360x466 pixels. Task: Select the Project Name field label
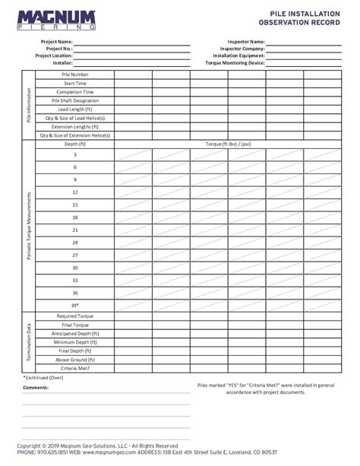pos(57,42)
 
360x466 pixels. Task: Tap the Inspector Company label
pos(242,49)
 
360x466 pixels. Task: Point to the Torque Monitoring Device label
pos(235,63)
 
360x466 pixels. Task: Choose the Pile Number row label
pos(75,74)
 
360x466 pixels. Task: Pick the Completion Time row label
pos(75,92)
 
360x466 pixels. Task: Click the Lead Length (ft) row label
pos(75,109)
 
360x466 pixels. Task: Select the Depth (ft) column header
pos(75,144)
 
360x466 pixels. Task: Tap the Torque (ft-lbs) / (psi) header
pos(228,144)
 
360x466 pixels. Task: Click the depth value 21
pos(75,230)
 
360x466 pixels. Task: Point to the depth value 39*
pos(75,305)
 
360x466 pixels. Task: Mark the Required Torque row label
pos(75,315)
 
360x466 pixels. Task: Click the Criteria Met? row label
pos(75,368)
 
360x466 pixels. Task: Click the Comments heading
pos(36,387)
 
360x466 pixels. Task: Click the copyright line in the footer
pos(97,445)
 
